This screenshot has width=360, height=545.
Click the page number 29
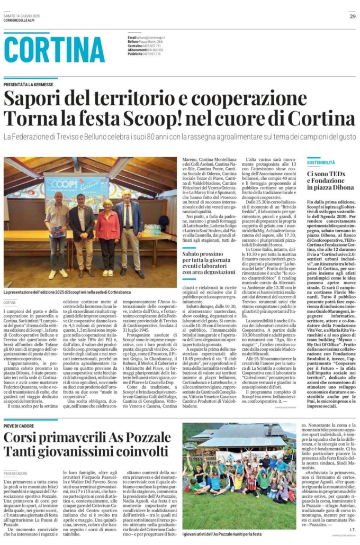click(x=352, y=16)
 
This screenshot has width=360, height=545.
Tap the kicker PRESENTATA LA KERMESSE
click(x=29, y=84)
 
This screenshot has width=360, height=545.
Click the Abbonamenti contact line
click(x=146, y=50)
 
